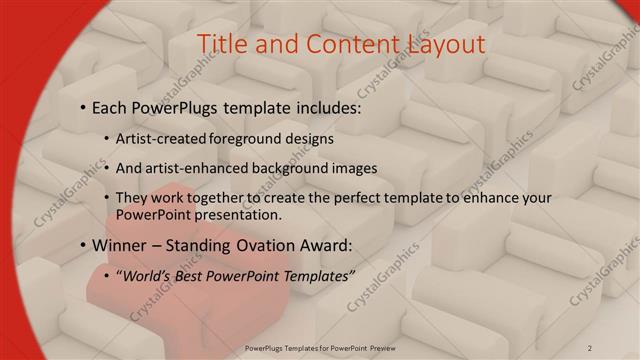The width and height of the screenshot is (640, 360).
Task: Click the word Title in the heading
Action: tap(221, 44)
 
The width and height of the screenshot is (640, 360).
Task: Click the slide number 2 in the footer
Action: tap(590, 347)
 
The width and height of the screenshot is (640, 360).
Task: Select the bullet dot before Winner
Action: tap(82, 246)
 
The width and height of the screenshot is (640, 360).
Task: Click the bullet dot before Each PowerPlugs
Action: tap(82, 107)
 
